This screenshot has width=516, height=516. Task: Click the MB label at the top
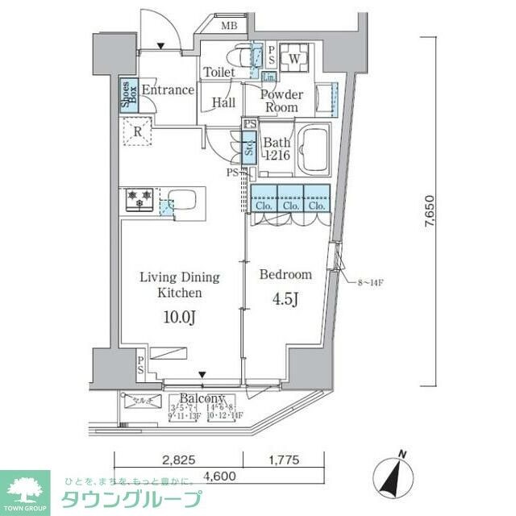[230, 26]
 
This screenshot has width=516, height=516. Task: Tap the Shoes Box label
[127, 95]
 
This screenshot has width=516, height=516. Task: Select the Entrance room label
[168, 89]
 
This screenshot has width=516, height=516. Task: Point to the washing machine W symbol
[294, 59]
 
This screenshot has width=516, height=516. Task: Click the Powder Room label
[282, 101]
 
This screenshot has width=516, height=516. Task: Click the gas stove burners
[139, 198]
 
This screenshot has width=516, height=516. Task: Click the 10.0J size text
[179, 317]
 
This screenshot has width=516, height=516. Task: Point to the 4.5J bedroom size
[285, 300]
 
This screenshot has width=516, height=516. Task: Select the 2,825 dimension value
[178, 460]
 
